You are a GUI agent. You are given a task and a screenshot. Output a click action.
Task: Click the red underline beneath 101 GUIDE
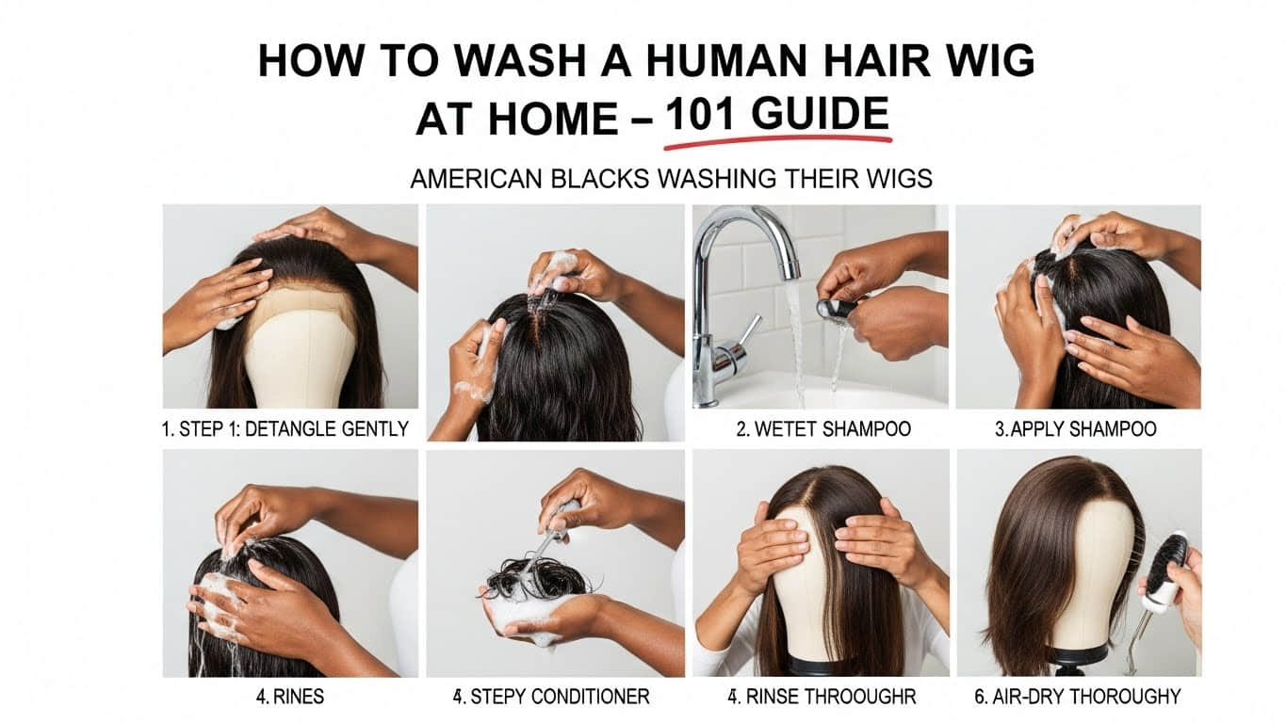pyautogui.click(x=777, y=142)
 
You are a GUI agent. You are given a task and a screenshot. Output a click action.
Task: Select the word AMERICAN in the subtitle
pyautogui.click(x=474, y=179)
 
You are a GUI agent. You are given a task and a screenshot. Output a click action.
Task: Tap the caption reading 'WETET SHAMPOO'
pyautogui.click(x=822, y=429)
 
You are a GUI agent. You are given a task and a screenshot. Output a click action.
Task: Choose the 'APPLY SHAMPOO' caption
pyautogui.click(x=1075, y=429)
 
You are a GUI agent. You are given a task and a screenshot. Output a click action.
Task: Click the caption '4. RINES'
pyautogui.click(x=289, y=697)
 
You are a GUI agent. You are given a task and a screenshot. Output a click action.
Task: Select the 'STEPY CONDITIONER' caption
pyautogui.click(x=550, y=697)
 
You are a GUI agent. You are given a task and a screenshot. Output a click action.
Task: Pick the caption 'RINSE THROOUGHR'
pyautogui.click(x=822, y=697)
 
